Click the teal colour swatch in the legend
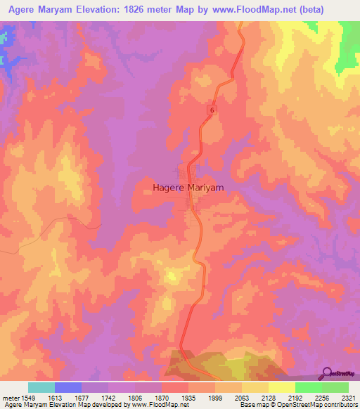(x=41, y=387)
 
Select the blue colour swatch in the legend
(x=68, y=387)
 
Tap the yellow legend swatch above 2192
(x=282, y=387)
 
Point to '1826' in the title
(x=138, y=10)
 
